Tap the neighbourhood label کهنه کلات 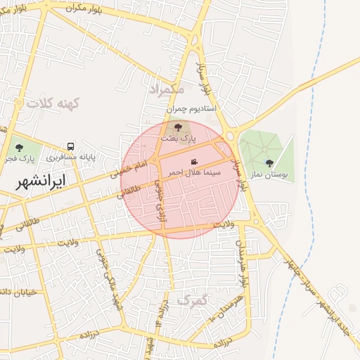(54, 103)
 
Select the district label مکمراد (166, 90)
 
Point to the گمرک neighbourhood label (193, 300)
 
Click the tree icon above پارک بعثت (178, 127)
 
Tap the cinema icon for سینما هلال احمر (194, 162)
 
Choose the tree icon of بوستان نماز (269, 163)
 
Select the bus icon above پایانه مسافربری (70, 146)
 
